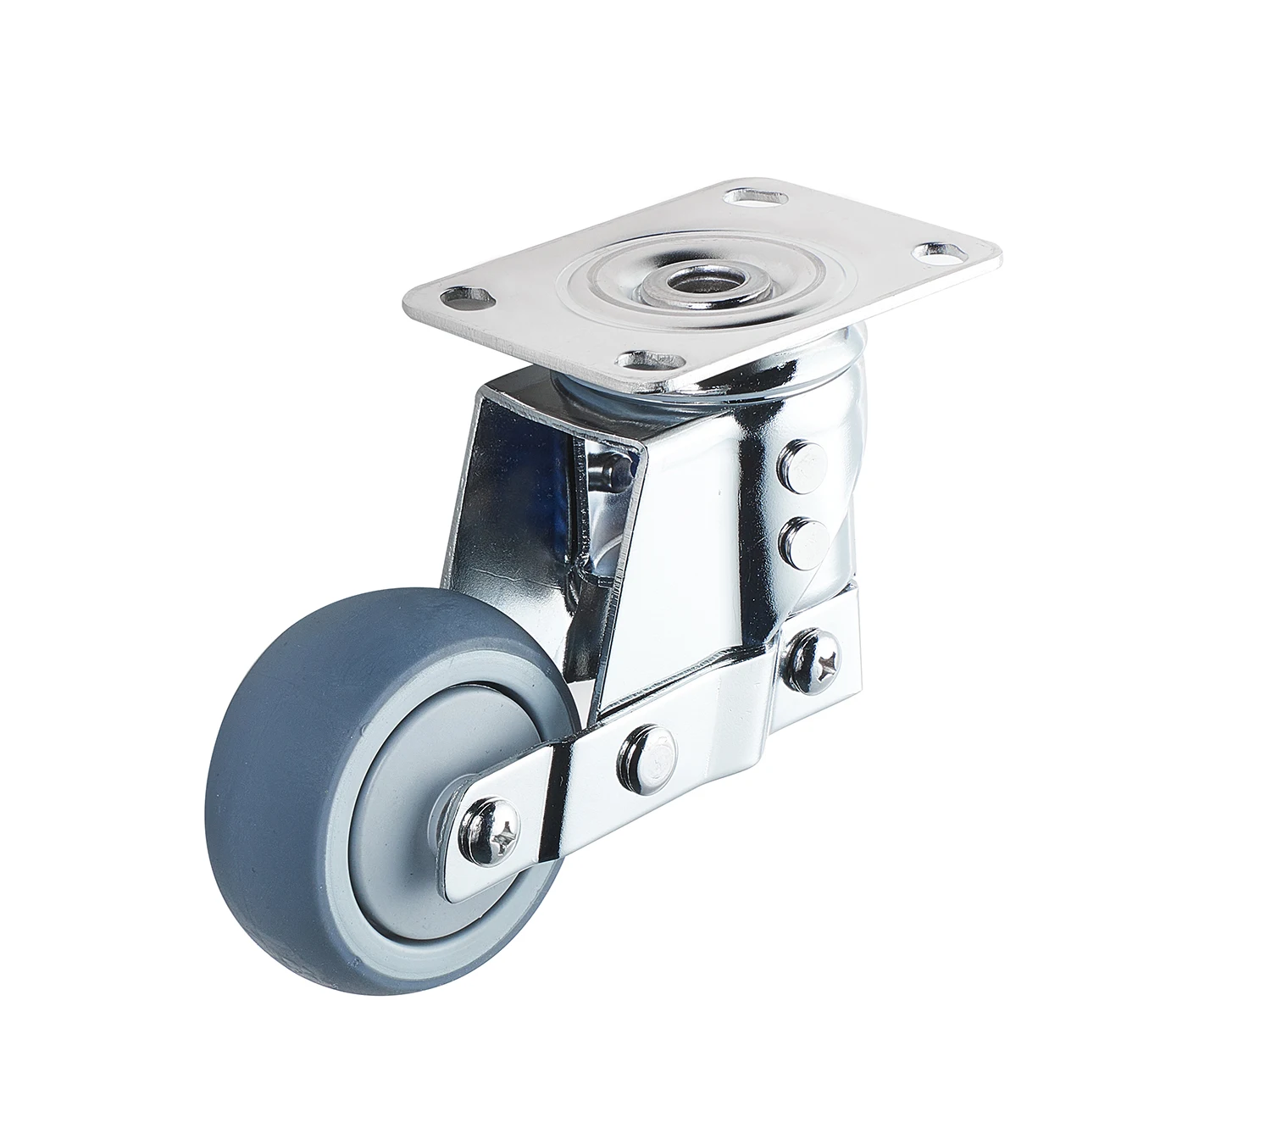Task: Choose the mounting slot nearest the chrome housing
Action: (x=646, y=361)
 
